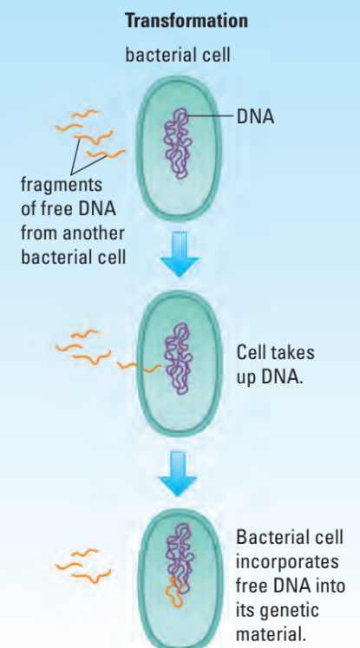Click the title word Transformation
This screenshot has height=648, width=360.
coord(187,21)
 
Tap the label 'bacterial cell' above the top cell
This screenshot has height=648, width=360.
coord(178,55)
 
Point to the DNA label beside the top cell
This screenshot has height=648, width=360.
coord(255,117)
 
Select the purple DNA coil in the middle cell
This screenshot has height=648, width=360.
coord(178,358)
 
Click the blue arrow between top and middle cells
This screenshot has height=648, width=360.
coord(180,254)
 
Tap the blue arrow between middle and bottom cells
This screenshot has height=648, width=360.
coord(178,473)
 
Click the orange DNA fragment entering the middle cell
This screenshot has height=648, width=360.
coord(139,367)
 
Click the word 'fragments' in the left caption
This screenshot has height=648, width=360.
coord(62,185)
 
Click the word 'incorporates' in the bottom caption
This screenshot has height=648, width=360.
coord(287,562)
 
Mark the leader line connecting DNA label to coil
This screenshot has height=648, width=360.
coord(210,116)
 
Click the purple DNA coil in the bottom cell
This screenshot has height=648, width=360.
coord(180,553)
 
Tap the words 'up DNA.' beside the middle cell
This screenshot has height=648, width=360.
coord(270,377)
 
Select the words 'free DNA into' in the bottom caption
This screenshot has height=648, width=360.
coord(291,586)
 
